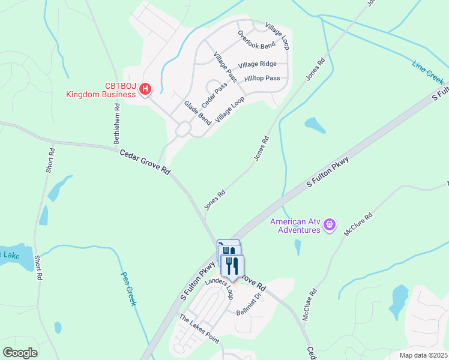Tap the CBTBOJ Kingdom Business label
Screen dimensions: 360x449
point(101,90)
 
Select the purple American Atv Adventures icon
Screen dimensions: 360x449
point(329,225)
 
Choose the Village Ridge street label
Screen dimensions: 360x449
point(257,64)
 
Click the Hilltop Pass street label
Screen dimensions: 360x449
point(262,79)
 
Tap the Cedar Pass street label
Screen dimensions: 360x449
point(214,95)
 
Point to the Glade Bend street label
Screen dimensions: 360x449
point(197,112)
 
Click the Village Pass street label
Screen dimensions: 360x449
point(225,66)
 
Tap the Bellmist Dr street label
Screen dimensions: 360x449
point(250,304)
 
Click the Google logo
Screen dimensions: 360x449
point(20,352)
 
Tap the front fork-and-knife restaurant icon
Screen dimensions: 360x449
point(232,265)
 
